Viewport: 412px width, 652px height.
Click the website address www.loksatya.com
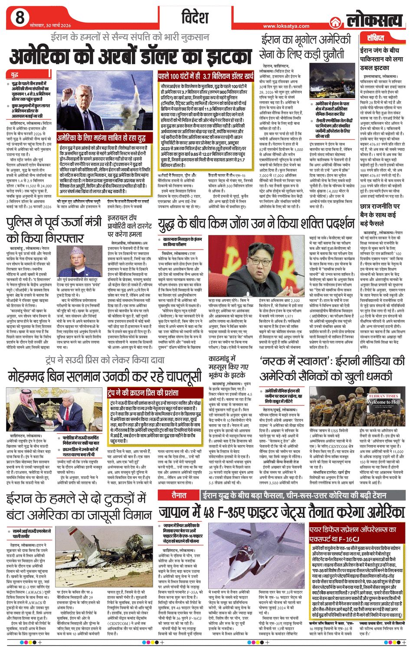pyautogui.click(x=286, y=26)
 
